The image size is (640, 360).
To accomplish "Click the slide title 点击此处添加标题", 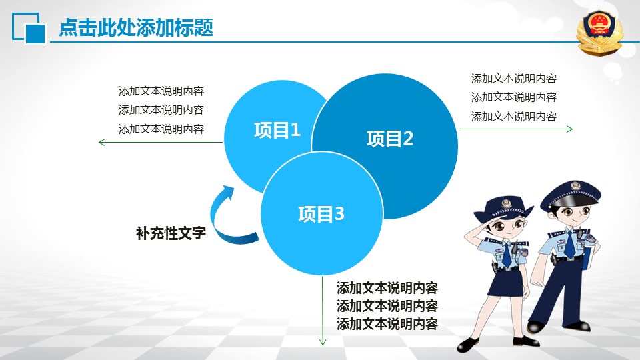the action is click(x=136, y=28).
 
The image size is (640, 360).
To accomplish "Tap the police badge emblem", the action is click(x=599, y=32).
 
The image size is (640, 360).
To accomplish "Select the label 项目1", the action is click(x=277, y=130).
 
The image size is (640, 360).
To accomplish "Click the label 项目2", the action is click(x=390, y=139).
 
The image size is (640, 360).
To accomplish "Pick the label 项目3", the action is click(x=321, y=214).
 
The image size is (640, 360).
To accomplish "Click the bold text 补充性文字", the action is click(x=171, y=233).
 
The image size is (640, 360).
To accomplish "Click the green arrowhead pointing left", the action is click(x=101, y=143).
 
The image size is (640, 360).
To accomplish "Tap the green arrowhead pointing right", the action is click(x=570, y=129).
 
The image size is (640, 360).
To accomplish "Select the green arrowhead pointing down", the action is click(x=323, y=341).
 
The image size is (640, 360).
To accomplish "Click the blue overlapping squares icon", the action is click(x=29, y=28).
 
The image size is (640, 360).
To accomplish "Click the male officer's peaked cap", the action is click(x=571, y=195).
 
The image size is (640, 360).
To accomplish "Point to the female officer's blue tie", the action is click(x=507, y=254).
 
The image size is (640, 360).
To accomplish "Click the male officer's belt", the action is click(x=568, y=259).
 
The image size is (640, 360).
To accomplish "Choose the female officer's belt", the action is click(x=506, y=268).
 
